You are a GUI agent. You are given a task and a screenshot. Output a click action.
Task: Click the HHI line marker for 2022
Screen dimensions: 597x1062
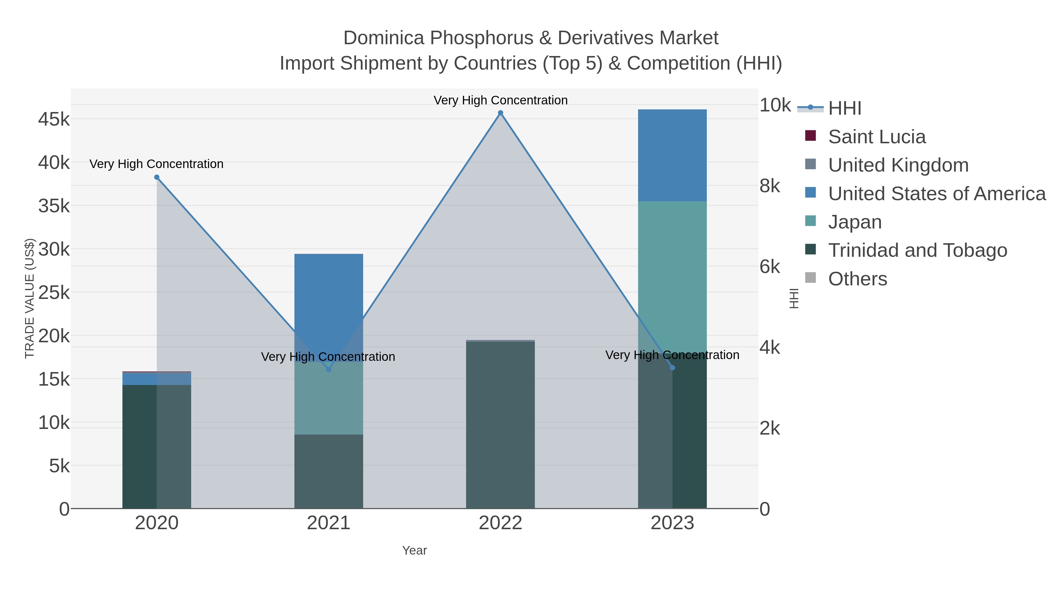coord(501,113)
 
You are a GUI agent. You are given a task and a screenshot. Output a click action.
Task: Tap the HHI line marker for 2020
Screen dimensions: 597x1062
coord(157,177)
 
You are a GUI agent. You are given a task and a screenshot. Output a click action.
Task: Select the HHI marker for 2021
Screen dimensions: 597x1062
coord(329,369)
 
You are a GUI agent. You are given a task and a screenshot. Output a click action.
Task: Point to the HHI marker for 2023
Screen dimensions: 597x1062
coord(672,368)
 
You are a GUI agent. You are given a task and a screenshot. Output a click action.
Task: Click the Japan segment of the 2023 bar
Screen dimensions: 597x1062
coord(672,276)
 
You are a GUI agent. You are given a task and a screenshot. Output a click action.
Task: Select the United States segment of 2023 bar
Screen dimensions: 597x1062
coord(672,155)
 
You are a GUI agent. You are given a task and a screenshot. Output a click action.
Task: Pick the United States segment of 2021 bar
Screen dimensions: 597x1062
coord(329,288)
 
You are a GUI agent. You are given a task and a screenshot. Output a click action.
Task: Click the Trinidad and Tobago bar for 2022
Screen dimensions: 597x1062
coord(501,424)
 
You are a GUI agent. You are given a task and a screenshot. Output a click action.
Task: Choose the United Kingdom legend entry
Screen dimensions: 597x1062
coord(898,165)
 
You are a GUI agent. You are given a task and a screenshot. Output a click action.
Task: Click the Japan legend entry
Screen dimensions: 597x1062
coord(855,222)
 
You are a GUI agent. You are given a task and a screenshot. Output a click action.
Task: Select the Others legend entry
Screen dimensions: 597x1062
coord(858,279)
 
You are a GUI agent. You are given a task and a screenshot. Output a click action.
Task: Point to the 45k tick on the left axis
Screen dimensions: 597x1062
coord(54,119)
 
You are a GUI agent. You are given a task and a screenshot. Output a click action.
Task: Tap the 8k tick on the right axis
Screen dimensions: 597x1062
coord(770,186)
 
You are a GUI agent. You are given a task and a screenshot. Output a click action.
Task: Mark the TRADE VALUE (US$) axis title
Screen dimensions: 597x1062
coord(30,298)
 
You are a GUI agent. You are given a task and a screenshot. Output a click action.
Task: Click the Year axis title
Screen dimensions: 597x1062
coord(414,550)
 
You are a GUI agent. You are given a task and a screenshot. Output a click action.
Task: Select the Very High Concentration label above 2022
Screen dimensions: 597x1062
coord(501,100)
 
